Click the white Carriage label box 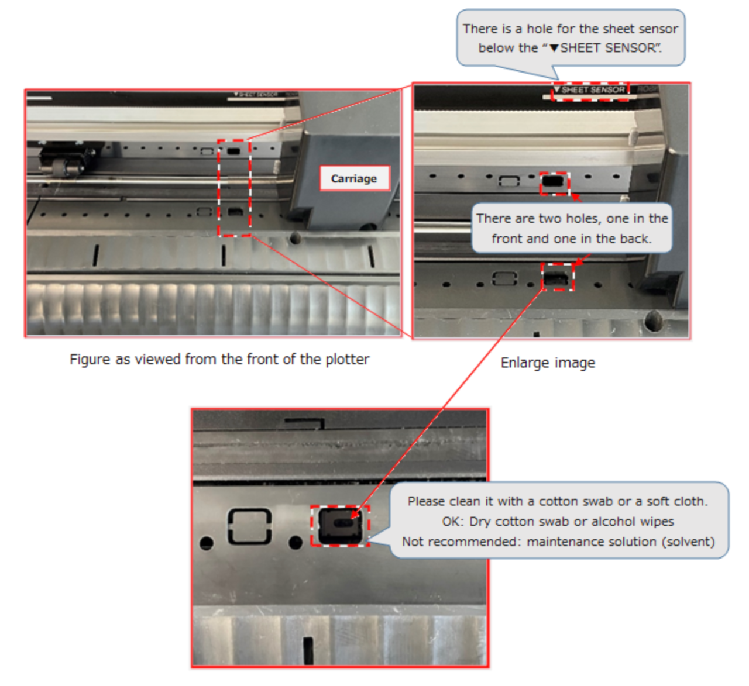pyautogui.click(x=355, y=178)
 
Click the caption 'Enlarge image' pyautogui.click(x=548, y=363)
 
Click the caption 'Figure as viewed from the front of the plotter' pyautogui.click(x=219, y=359)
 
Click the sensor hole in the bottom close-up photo pyautogui.click(x=340, y=526)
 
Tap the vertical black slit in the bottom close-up pyautogui.click(x=308, y=650)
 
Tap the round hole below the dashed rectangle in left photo pyautogui.click(x=296, y=239)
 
